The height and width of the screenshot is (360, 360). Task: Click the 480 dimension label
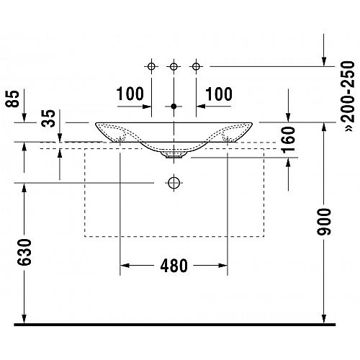(x=174, y=266)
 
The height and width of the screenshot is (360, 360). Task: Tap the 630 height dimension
(x=24, y=252)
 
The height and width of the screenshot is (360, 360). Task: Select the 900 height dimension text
(x=324, y=222)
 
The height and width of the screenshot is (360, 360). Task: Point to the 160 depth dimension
(x=288, y=140)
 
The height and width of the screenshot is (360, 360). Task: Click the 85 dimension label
(x=12, y=99)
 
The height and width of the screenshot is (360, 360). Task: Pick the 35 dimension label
(x=48, y=118)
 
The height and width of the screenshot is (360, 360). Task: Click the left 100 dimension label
(x=130, y=94)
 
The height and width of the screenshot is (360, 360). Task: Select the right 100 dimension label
(x=219, y=94)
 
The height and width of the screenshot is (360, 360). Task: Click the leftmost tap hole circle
(x=151, y=66)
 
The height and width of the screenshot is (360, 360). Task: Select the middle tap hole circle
(x=174, y=66)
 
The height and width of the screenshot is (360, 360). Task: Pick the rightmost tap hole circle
(x=196, y=66)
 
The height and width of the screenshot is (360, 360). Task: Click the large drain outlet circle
(x=174, y=183)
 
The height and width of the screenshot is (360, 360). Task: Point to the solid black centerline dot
(x=174, y=107)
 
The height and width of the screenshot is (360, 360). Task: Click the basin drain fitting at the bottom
(x=174, y=155)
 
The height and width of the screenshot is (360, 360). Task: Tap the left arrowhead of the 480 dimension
(x=125, y=266)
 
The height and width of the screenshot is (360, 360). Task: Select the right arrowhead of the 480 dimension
(x=222, y=266)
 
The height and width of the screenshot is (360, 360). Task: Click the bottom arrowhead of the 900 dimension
(x=324, y=319)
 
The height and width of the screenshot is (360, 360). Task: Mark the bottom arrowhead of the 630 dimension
(x=24, y=319)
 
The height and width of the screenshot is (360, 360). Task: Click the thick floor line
(x=175, y=325)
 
